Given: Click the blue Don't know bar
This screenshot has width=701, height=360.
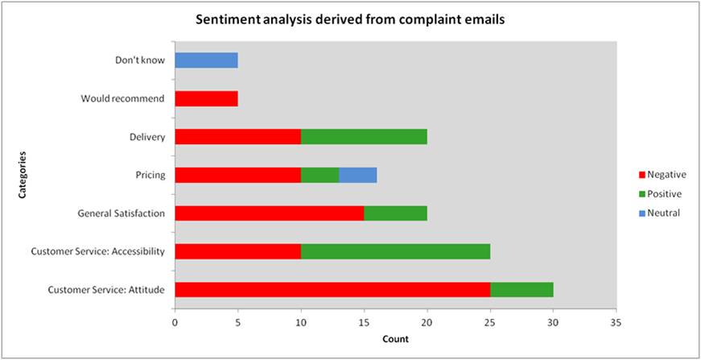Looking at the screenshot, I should click(206, 60).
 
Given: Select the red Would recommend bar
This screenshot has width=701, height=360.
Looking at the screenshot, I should click(206, 98).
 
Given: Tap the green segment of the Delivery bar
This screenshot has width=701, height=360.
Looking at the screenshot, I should click(364, 137).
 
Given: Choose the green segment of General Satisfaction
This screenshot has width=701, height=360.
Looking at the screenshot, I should click(395, 213).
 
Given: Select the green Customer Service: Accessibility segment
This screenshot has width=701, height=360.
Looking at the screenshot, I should click(395, 251).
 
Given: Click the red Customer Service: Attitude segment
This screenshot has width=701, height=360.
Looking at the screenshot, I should click(332, 290).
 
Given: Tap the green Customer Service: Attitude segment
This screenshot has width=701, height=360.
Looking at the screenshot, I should click(522, 290).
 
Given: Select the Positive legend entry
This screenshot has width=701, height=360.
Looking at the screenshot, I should click(664, 193).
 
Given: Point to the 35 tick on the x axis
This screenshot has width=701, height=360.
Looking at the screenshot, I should click(616, 322).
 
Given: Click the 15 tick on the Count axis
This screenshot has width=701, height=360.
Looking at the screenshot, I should click(364, 322).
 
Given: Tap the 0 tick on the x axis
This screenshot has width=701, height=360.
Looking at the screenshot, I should click(175, 322).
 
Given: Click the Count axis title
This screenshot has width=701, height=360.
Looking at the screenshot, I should click(395, 339).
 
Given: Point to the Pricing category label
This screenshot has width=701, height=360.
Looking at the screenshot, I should click(149, 175).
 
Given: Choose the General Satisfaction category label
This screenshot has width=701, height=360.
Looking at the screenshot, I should click(122, 213).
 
